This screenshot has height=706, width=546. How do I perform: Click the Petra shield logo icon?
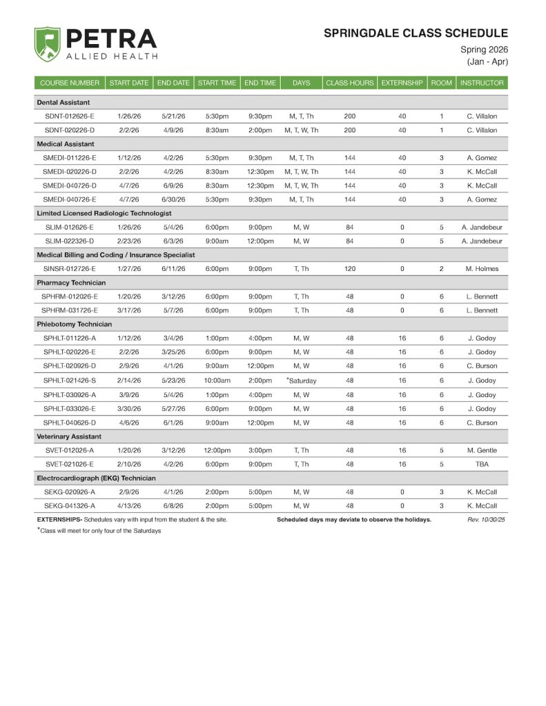click(x=47, y=45)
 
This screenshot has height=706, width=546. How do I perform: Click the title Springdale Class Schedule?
click(x=416, y=33)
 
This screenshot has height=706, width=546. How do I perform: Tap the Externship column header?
click(x=402, y=83)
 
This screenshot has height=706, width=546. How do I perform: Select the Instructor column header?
click(x=482, y=83)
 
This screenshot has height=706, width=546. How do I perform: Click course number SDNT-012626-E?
click(x=69, y=116)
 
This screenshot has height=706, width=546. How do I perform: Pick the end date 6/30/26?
click(x=173, y=199)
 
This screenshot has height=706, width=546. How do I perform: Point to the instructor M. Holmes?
click(x=482, y=269)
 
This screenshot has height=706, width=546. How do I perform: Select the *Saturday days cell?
click(x=301, y=381)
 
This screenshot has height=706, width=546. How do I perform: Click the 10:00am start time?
click(x=217, y=381)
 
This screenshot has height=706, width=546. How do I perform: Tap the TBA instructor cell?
click(x=482, y=464)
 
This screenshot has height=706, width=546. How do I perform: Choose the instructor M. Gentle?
click(x=482, y=450)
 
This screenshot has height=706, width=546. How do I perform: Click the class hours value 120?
click(x=349, y=269)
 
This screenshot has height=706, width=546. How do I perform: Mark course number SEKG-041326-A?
click(x=69, y=505)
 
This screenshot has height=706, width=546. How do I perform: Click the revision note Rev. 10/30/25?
click(x=486, y=519)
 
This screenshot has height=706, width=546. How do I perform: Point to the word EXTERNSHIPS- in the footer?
click(x=59, y=519)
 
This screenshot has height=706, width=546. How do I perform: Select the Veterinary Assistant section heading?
click(x=69, y=436)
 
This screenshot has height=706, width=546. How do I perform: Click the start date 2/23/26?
click(x=129, y=241)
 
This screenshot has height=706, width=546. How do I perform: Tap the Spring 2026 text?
click(x=484, y=50)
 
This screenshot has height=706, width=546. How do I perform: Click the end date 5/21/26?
click(x=173, y=116)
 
